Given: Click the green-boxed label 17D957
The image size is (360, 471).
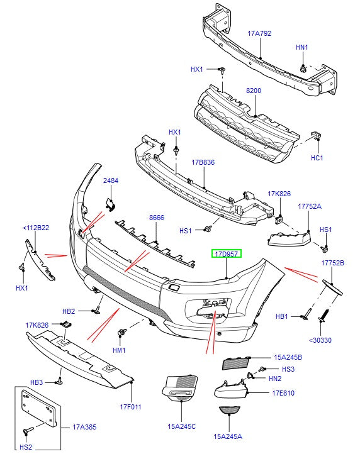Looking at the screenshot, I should coord(226,255).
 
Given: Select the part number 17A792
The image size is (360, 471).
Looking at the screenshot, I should coord(259,34).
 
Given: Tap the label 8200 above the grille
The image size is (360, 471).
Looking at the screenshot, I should coord(253,91).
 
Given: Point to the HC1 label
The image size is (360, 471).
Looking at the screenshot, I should coord(317,158).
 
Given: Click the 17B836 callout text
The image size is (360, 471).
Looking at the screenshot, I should coord(203,162).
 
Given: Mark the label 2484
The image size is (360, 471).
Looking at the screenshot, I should coord(111,180).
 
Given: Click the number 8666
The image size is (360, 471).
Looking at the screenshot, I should coord(156,218).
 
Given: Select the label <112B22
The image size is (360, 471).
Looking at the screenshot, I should coord(37,228).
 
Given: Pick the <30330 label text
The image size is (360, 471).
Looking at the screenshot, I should coord(321,340).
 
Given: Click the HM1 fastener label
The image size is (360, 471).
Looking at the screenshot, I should coord(120,350).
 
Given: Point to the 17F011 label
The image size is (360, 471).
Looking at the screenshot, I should coord(132,407).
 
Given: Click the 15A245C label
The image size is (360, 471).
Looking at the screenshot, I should coord(182,426).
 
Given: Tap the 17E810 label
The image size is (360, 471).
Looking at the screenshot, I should coord(283,393).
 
